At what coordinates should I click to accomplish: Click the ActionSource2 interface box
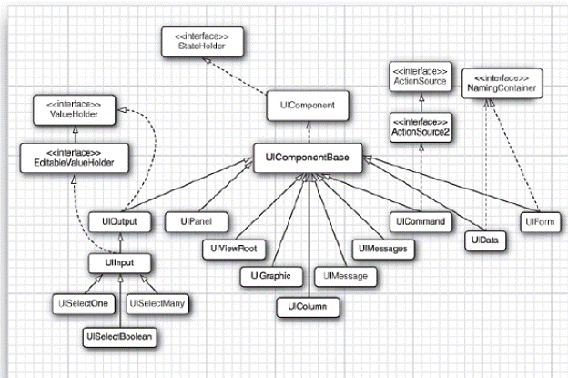421,128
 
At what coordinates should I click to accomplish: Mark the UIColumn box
306,306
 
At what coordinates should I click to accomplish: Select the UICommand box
421,221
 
